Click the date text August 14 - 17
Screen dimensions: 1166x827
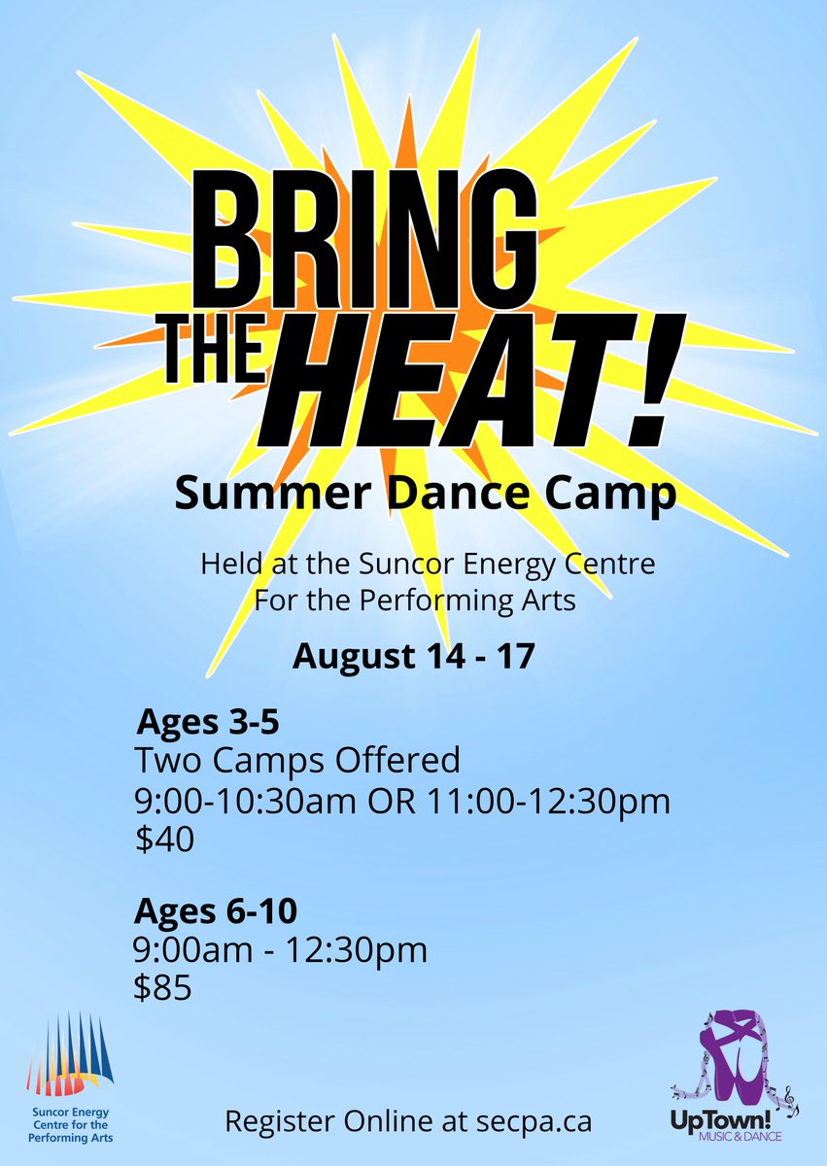coord(414,656)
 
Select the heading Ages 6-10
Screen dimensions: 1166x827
coord(216,911)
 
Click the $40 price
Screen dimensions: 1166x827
coord(166,839)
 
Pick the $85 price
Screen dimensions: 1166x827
coord(163,988)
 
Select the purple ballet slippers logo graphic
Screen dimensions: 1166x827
coord(736,1059)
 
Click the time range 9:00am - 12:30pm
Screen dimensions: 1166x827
coord(280,950)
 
